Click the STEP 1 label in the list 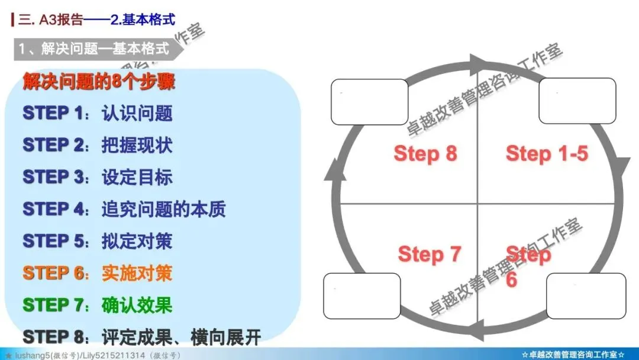[x=53, y=112]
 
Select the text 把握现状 [x=137, y=145]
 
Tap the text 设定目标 [x=137, y=177]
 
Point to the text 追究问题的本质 [x=163, y=209]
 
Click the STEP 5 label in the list [x=53, y=241]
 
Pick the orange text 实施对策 [x=137, y=273]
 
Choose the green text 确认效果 [x=137, y=305]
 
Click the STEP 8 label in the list [x=53, y=337]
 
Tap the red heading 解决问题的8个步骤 [x=99, y=81]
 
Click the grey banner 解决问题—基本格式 [x=95, y=49]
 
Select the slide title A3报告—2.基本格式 [x=98, y=20]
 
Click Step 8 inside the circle [x=425, y=154]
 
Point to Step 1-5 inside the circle [x=547, y=154]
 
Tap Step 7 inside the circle [x=429, y=255]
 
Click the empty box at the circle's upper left [x=370, y=102]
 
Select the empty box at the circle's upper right [x=577, y=101]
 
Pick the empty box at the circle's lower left [x=362, y=297]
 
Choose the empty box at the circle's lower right [x=586, y=296]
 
